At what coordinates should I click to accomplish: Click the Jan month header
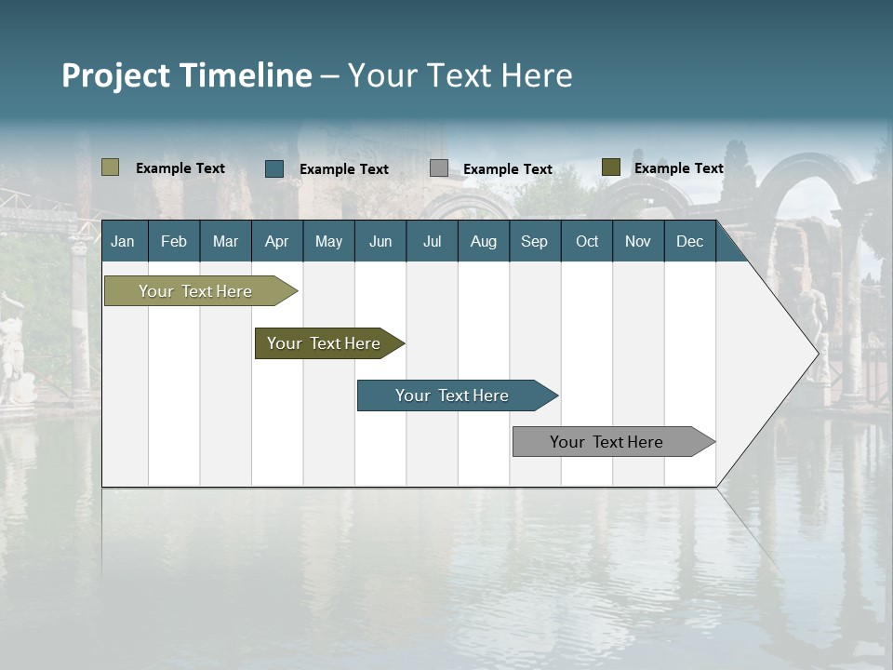(x=123, y=241)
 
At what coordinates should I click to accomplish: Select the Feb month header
(x=174, y=241)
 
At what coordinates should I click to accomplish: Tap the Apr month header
(x=276, y=241)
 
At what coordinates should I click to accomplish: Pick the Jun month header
(x=380, y=241)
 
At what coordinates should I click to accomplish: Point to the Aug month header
(x=483, y=241)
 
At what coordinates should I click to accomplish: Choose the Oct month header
(x=587, y=241)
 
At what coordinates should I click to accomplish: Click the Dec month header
(x=689, y=241)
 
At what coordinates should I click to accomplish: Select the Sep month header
(x=534, y=241)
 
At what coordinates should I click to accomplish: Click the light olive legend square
(x=110, y=167)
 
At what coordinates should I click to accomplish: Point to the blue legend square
(x=273, y=168)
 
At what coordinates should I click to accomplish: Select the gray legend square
(x=439, y=167)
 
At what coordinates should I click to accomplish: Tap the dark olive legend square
(x=610, y=167)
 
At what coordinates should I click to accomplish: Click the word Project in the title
(x=116, y=75)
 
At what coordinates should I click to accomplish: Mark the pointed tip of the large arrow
(x=818, y=353)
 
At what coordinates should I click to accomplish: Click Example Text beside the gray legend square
(x=508, y=169)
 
